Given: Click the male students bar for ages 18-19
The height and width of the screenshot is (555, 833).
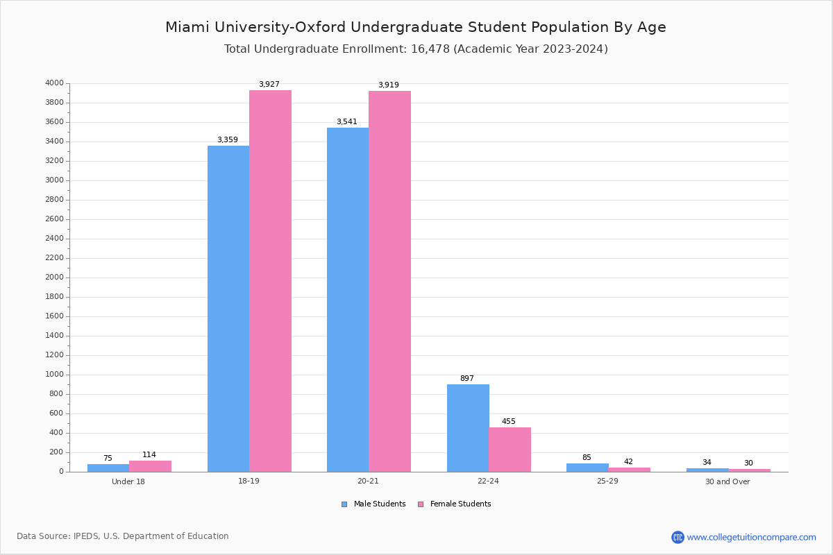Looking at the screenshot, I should point(228,309).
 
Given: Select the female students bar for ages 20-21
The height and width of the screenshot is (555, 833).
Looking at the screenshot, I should point(389,281).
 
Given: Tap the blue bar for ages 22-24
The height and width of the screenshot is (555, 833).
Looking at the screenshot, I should point(468,428).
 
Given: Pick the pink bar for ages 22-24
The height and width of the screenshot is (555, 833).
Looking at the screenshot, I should point(510,450).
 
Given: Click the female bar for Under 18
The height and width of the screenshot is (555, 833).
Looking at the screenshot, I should point(150,466).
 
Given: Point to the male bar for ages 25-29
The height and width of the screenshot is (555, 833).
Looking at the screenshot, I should point(587,468).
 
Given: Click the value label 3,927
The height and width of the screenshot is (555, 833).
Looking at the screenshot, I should point(269,85).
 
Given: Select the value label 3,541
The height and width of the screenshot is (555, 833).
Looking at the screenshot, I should point(347,122).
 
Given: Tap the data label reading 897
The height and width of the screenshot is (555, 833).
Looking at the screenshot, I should point(467,379).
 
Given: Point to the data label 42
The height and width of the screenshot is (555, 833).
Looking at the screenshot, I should point(628,462).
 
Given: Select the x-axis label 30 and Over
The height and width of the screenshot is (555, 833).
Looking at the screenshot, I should point(727,482).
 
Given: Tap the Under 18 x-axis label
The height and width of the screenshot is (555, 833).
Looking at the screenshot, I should point(128,482).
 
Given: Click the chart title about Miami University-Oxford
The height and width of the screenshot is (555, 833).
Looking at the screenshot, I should point(416,27).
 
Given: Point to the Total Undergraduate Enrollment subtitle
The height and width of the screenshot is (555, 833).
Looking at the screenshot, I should point(416,49).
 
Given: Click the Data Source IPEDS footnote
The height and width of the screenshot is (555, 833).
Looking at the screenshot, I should point(123,536).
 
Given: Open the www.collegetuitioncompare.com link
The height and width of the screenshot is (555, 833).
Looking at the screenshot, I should point(751,537).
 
